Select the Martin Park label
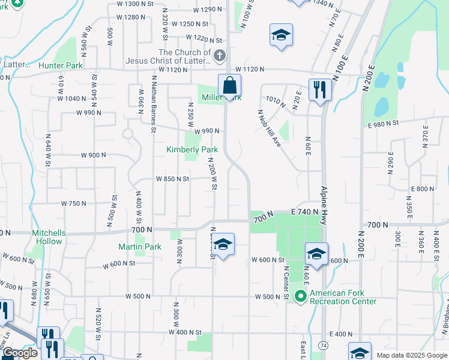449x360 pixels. pyautogui.click(x=140, y=247)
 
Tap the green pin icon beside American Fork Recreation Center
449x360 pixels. pyautogui.click(x=303, y=295)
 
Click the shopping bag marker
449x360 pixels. pyautogui.click(x=229, y=86)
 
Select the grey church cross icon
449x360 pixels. pyautogui.click(x=220, y=56)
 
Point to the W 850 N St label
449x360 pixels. pyautogui.click(x=173, y=179)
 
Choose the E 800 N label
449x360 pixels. pyautogui.click(x=423, y=188)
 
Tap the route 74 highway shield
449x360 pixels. pyautogui.click(x=324, y=347)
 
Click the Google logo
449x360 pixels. pyautogui.click(x=20, y=353)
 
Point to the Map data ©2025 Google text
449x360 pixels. pyautogui.click(x=411, y=355)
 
